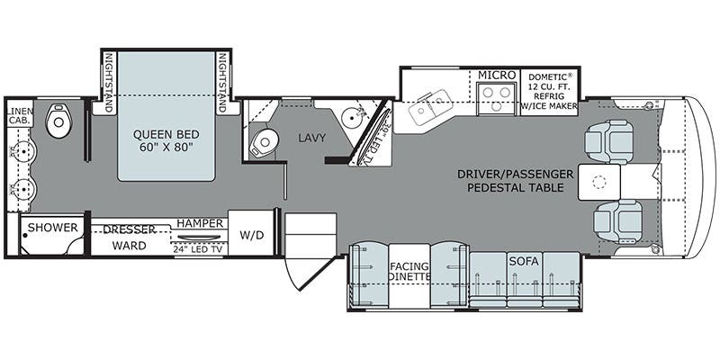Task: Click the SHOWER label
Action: coord(52,228)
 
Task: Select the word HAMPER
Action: coord(200,223)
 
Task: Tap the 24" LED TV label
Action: coord(200,248)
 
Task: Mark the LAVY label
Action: coord(312,139)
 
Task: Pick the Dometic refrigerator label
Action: coord(551,91)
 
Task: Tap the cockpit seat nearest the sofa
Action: coord(612,219)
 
